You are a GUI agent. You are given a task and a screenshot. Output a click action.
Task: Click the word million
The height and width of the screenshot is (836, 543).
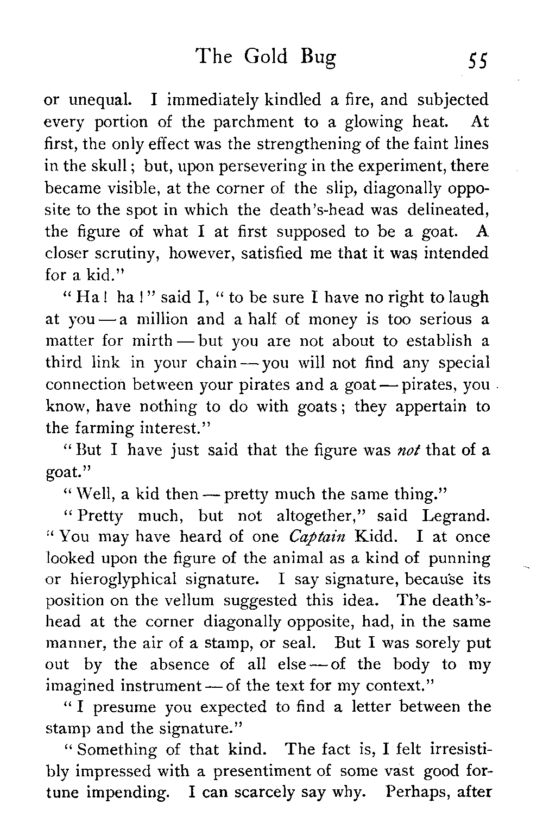[160, 319]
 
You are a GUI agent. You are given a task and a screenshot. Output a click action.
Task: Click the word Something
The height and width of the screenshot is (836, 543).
[112, 750]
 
